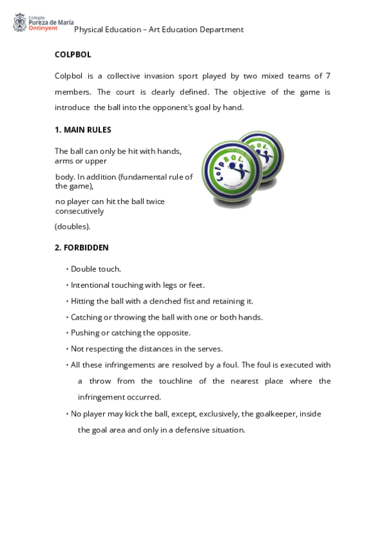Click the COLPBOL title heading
[x=73, y=55]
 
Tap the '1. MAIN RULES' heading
[x=83, y=130]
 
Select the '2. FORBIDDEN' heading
[x=82, y=247]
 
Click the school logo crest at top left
[x=19, y=24]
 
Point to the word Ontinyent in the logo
[x=43, y=28]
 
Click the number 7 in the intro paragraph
[x=328, y=76]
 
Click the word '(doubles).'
[x=72, y=226]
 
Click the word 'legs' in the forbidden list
[x=163, y=285]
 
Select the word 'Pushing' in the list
[x=85, y=333]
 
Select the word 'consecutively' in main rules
[x=79, y=211]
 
